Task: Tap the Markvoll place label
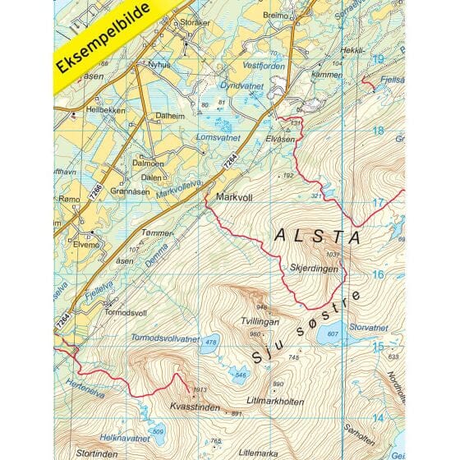[x=232, y=198]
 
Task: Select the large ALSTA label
[x=317, y=237]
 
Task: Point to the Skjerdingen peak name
[x=309, y=268]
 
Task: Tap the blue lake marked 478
[x=211, y=343]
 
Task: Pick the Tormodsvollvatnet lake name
[x=164, y=338]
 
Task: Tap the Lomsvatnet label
[x=214, y=137]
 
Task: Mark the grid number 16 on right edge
[x=379, y=275]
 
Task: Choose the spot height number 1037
[x=332, y=255]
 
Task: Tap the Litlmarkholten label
[x=288, y=401]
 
